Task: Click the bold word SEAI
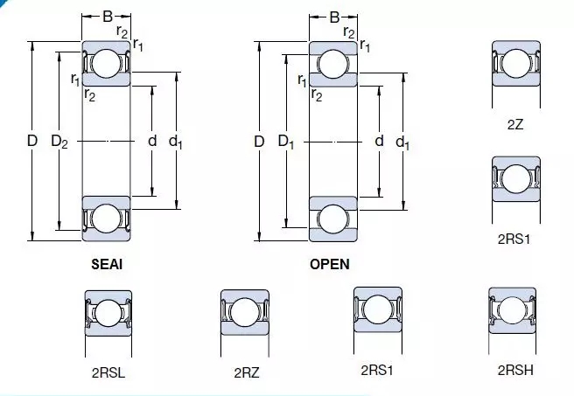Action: click(107, 264)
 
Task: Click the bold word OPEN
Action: click(330, 264)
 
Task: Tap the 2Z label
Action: click(515, 125)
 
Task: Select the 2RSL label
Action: click(108, 372)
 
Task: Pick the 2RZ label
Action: click(247, 372)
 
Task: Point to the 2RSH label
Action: click(515, 370)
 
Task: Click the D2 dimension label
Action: click(59, 141)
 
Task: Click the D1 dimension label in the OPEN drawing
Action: click(286, 141)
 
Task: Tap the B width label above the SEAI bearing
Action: click(108, 17)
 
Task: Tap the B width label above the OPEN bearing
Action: click(334, 17)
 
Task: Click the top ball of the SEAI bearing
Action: click(106, 64)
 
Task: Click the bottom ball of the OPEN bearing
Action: click(333, 219)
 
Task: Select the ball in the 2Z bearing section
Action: click(516, 64)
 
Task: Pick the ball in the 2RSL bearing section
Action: click(108, 314)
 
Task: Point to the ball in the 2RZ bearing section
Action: click(245, 312)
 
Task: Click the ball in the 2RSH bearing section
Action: click(513, 310)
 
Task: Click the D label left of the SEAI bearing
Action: click(32, 141)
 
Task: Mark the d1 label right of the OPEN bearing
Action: click(402, 142)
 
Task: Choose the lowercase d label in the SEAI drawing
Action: click(152, 141)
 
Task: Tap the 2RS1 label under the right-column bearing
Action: click(514, 240)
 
